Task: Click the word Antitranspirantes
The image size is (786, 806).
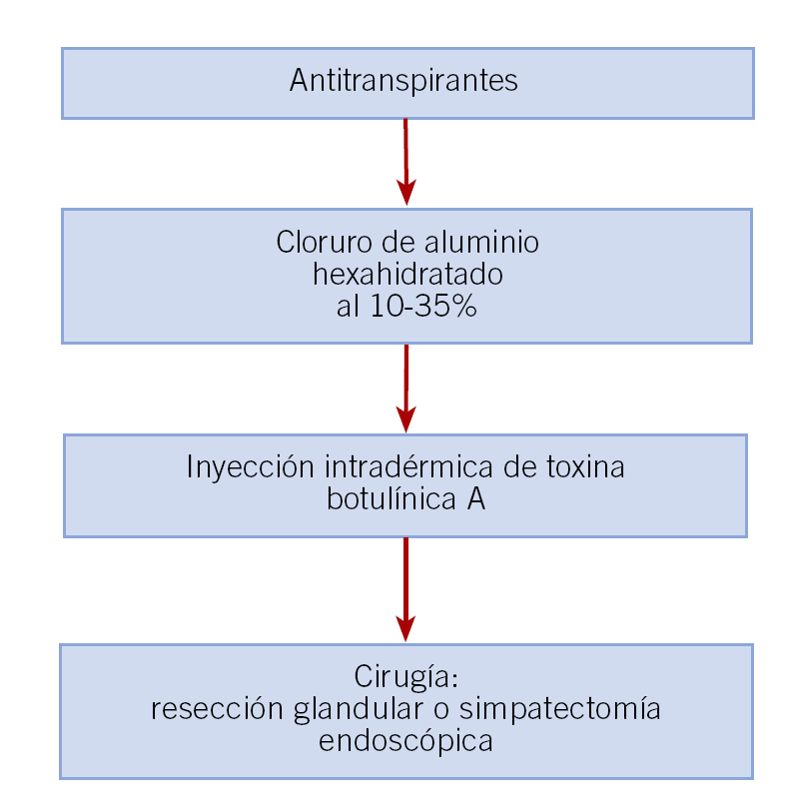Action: click(x=403, y=81)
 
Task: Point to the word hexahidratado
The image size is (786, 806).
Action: click(x=406, y=275)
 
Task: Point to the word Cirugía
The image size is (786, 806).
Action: click(x=405, y=678)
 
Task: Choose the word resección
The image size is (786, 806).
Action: click(x=217, y=710)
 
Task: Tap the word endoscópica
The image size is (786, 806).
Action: click(x=405, y=742)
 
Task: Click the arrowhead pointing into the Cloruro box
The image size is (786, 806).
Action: click(x=405, y=192)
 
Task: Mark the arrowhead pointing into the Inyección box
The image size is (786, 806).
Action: click(x=405, y=418)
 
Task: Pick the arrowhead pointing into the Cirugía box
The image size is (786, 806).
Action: click(x=405, y=627)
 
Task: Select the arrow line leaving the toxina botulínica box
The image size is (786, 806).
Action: click(x=405, y=574)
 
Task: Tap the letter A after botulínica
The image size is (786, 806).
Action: click(x=476, y=498)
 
